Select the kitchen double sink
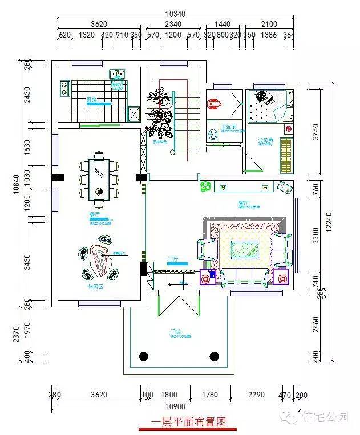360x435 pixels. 118,74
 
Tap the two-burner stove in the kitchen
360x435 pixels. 64,88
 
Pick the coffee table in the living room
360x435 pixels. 244,249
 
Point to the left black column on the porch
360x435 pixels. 144,357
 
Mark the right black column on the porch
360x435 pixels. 214,357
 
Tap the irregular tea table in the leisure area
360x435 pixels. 100,263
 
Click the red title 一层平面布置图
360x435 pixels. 188,422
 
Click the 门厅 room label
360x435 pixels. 173,259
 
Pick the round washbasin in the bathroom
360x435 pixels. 213,135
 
